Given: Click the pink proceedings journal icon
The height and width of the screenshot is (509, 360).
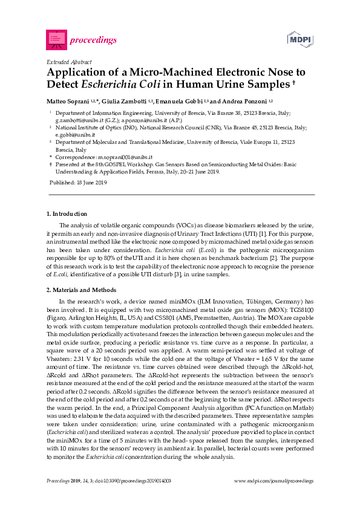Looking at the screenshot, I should click(56, 40).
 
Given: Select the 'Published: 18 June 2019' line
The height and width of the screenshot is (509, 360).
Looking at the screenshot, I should click(77, 183).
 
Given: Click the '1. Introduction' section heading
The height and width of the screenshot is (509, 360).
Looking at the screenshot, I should click(67, 213).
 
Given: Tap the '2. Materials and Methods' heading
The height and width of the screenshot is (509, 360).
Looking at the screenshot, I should click(81, 290).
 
